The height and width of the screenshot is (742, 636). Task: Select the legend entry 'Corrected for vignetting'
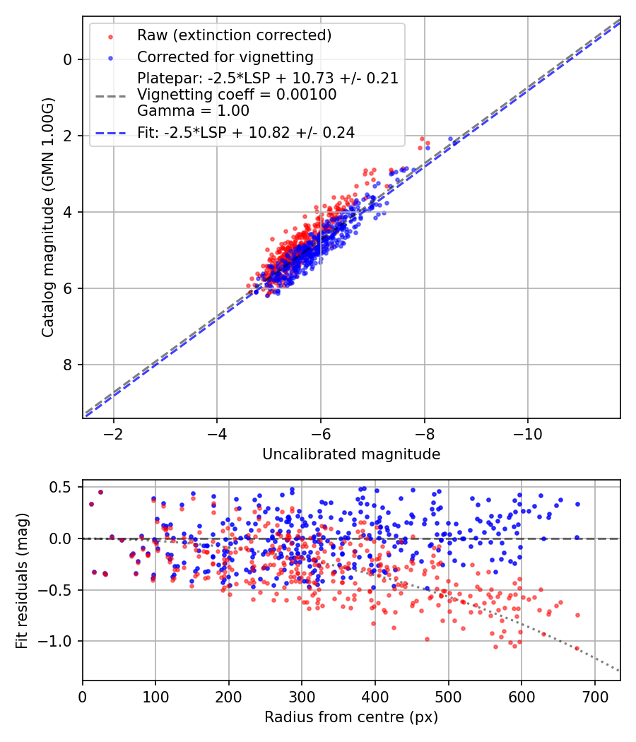pyautogui.click(x=225, y=57)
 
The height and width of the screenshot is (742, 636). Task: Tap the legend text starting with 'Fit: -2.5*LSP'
pyautogui.click(x=245, y=132)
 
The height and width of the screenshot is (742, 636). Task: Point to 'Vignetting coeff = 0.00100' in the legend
pyautogui.click(x=237, y=95)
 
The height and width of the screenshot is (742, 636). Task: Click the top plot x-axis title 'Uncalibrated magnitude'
pyautogui.click(x=351, y=454)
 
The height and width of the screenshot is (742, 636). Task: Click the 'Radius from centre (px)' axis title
pyautogui.click(x=351, y=717)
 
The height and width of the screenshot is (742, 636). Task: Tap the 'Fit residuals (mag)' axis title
pyautogui.click(x=22, y=580)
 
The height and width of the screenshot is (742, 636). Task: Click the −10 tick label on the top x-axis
pyautogui.click(x=527, y=432)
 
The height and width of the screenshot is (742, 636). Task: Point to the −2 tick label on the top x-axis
pyautogui.click(x=113, y=432)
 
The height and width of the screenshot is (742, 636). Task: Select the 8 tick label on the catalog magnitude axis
pyautogui.click(x=69, y=365)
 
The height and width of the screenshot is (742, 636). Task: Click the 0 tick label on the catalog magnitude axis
pyautogui.click(x=69, y=59)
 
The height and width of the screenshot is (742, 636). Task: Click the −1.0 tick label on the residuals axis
pyautogui.click(x=58, y=641)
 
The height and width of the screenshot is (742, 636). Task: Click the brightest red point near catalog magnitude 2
pyautogui.click(x=423, y=139)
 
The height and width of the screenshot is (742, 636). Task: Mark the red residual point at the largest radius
pyautogui.click(x=577, y=615)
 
